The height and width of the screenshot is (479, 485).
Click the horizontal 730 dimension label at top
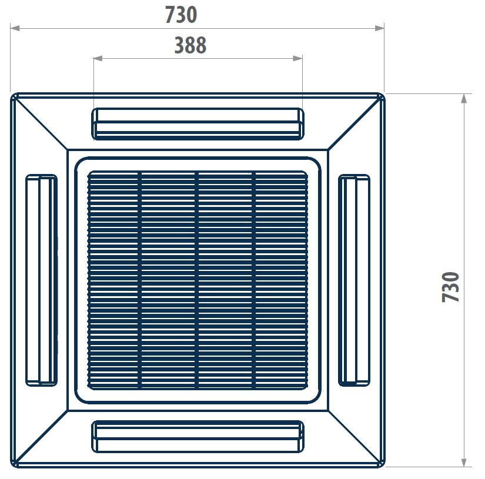[181, 15]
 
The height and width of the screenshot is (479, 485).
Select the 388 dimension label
[190, 45]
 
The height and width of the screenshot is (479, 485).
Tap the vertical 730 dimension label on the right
[450, 287]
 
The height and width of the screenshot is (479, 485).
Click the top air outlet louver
[198, 123]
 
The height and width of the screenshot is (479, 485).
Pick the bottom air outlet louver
[198, 436]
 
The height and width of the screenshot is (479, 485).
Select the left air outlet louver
[42, 280]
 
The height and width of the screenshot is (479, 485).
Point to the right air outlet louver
[354, 280]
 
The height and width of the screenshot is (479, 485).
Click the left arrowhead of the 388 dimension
[98, 58]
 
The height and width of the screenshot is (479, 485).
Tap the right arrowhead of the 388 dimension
[298, 58]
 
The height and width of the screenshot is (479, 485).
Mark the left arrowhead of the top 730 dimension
[15, 28]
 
